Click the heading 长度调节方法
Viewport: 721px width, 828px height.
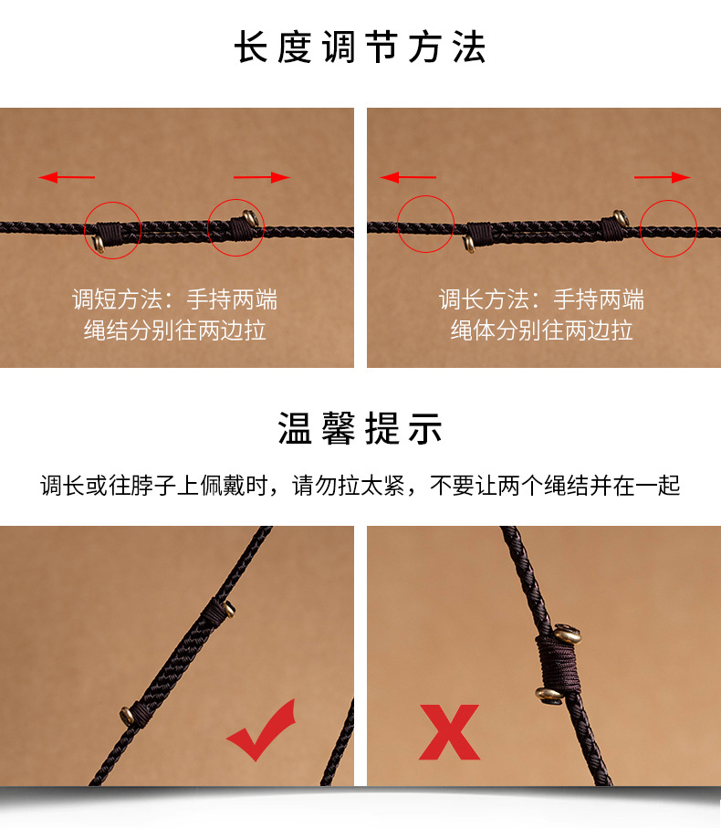(360, 47)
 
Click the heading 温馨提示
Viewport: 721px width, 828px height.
(360, 428)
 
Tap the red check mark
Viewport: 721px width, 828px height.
(262, 730)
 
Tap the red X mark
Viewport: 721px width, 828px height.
(449, 732)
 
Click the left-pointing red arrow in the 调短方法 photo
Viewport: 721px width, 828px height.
(67, 177)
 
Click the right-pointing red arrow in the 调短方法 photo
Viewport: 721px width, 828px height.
(262, 177)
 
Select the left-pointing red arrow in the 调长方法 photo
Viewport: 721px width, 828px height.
(408, 177)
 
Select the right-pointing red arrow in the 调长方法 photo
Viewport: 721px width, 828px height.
(663, 177)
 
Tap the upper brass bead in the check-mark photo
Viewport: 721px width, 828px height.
(229, 610)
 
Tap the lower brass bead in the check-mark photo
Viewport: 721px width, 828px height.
(127, 716)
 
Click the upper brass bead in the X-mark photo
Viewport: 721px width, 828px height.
(567, 634)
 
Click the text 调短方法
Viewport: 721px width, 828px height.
(117, 299)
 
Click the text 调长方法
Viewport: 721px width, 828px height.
(484, 299)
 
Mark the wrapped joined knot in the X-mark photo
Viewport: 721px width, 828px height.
(559, 664)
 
